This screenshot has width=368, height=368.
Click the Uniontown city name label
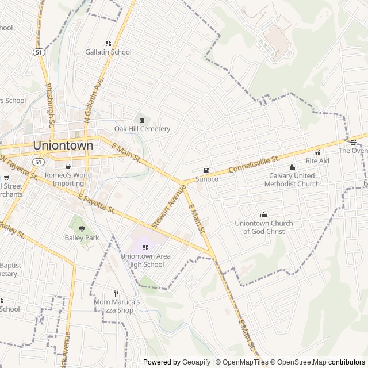tap(63, 145)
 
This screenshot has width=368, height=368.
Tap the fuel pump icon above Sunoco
tap(206, 170)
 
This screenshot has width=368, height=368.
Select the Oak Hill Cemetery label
tap(142, 129)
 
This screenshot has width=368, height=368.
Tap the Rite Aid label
tap(317, 161)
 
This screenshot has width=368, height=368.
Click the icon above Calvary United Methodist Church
tap(292, 167)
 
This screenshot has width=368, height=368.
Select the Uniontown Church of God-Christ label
tap(264, 227)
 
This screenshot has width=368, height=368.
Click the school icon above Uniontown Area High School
tap(145, 247)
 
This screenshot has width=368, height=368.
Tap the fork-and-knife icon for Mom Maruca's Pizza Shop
tap(117, 293)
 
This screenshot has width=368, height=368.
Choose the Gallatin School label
tap(108, 52)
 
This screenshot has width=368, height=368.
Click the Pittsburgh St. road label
tap(51, 104)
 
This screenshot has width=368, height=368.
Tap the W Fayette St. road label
tap(18, 166)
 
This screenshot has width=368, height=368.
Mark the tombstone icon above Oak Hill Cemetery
tap(142, 120)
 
